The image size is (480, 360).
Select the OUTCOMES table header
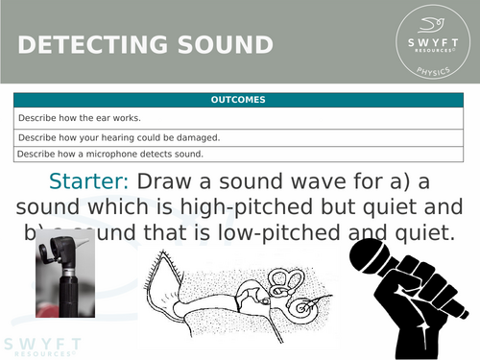point(240,100)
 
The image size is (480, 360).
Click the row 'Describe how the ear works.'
point(79,118)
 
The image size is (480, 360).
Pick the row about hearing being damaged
point(118,137)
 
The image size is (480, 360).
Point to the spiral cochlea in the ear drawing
point(307,305)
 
